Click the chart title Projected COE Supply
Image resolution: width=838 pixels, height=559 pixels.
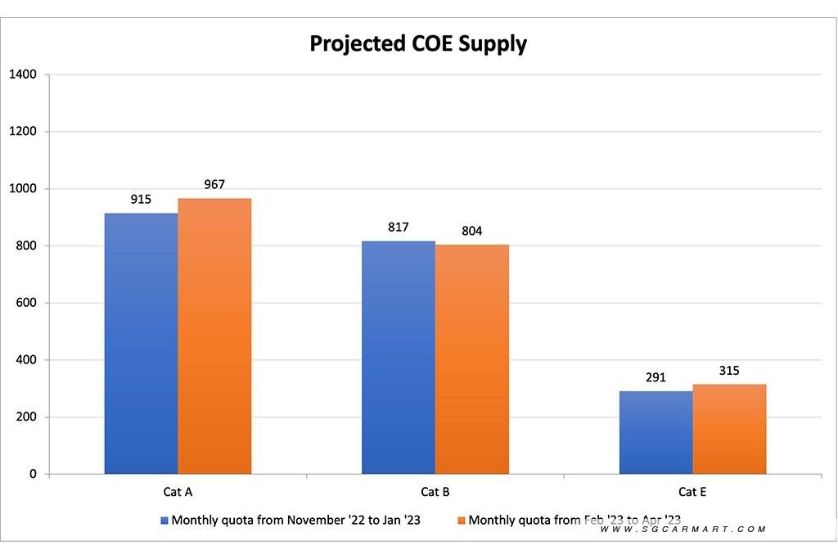coord(418,43)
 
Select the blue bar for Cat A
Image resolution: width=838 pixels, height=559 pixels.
coord(141,344)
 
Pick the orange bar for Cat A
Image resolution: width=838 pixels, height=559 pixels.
coord(214,336)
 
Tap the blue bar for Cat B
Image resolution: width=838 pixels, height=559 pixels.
coord(399,358)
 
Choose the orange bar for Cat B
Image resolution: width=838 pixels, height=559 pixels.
coord(472,360)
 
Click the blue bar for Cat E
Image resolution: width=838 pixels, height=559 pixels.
coord(656,432)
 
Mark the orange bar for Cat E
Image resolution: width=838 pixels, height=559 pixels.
coord(729,429)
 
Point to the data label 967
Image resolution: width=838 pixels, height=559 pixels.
coord(214,184)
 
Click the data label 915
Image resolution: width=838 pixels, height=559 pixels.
coord(141,199)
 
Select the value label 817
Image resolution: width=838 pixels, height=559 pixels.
coord(399,227)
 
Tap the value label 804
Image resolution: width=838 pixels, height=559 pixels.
coord(472,231)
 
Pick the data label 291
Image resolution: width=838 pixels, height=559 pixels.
coord(656,377)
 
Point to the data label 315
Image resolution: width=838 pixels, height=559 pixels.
coord(729,371)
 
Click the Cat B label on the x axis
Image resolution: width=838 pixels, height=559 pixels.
coord(435,492)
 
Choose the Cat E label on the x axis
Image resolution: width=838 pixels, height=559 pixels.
coord(692,492)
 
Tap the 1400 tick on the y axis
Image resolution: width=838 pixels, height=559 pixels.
coord(23,74)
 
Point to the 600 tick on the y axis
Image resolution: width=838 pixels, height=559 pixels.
coord(26,303)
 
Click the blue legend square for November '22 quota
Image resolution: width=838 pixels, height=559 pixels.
coord(164,520)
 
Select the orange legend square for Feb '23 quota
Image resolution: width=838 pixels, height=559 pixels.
coord(462,520)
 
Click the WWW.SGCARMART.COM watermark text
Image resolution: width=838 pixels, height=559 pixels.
coord(683,530)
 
